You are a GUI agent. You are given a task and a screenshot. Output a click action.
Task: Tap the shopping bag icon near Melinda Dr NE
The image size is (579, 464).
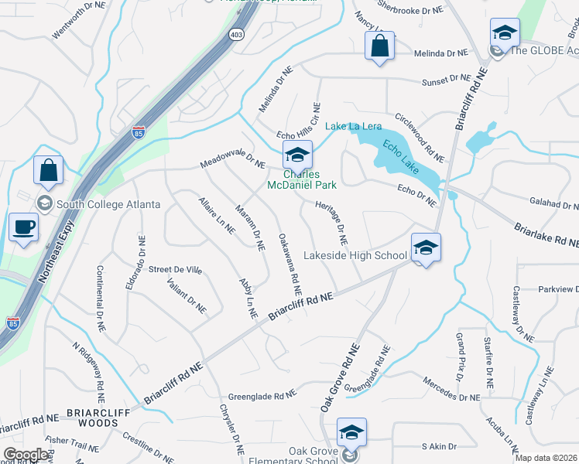(x=379, y=46)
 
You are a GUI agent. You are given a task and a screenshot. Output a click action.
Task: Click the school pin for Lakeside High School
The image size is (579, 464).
(x=425, y=247)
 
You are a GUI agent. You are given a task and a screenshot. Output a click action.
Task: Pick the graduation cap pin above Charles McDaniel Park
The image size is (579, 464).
(x=296, y=155)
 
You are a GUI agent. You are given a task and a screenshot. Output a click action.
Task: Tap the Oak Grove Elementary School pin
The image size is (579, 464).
(x=351, y=432)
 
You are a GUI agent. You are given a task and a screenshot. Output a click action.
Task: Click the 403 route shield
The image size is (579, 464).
(x=236, y=34)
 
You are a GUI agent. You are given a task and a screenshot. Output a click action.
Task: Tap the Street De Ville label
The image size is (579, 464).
(x=175, y=270)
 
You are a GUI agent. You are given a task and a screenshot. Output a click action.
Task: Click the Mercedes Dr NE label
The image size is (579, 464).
(x=452, y=389)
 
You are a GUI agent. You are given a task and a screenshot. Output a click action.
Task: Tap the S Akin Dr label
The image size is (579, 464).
(x=439, y=446)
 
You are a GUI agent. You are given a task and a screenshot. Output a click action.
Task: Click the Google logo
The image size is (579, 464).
(x=26, y=455)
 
